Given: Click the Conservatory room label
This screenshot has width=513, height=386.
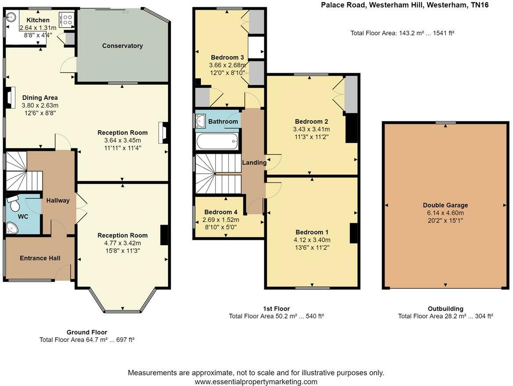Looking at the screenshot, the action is (122, 46).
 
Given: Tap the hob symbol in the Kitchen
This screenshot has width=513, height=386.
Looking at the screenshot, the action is (66, 20).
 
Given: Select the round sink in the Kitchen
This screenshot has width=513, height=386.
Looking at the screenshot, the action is (11, 16).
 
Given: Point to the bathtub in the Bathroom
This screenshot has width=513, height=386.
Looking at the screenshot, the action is (217, 141).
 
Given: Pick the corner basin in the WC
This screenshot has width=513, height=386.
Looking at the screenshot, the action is (12, 228).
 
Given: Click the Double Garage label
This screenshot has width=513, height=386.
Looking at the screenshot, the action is (445, 205).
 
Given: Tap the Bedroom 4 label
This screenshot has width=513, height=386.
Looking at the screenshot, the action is (221, 212).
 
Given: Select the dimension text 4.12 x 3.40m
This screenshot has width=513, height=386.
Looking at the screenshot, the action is (312, 240).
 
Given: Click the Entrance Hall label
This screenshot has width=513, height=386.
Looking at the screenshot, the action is (40, 258).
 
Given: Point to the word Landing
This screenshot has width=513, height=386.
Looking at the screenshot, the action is (254, 163).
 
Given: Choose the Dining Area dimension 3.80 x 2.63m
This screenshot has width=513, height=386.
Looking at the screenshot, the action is (40, 105).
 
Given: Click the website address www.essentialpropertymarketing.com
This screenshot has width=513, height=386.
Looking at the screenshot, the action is (256, 382).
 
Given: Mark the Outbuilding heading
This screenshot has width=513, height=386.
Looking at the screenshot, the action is (445, 309).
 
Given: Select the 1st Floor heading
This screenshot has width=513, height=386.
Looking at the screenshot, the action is (277, 309).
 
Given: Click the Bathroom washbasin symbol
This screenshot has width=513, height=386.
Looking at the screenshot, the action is (200, 121).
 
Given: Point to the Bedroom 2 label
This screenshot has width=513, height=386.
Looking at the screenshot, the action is (311, 122).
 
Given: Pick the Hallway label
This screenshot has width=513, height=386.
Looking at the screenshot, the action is (58, 201).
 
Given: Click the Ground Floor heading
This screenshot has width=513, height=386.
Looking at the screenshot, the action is (87, 332).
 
